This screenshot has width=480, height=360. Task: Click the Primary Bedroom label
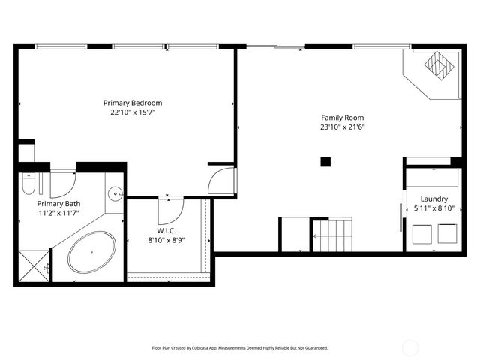[x=133, y=103]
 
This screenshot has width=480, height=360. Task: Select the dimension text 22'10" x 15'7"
[x=133, y=112]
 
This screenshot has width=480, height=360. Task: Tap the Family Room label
[x=342, y=118]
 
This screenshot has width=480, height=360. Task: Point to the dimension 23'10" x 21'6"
[x=342, y=127]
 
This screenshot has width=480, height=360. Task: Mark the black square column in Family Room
[x=325, y=161]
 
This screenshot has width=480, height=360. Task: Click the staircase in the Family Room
[x=331, y=234]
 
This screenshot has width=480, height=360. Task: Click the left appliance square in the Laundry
[x=420, y=235]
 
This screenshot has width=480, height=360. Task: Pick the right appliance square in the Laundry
[x=448, y=235]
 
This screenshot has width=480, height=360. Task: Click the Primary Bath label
[x=59, y=203]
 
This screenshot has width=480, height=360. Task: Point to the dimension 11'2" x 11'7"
[x=59, y=213]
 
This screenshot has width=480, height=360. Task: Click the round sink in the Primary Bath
[x=115, y=193]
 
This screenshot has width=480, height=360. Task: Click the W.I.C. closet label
[x=166, y=230]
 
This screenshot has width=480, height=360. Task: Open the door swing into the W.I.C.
[x=170, y=206]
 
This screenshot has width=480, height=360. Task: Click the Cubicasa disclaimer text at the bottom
[x=240, y=348]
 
